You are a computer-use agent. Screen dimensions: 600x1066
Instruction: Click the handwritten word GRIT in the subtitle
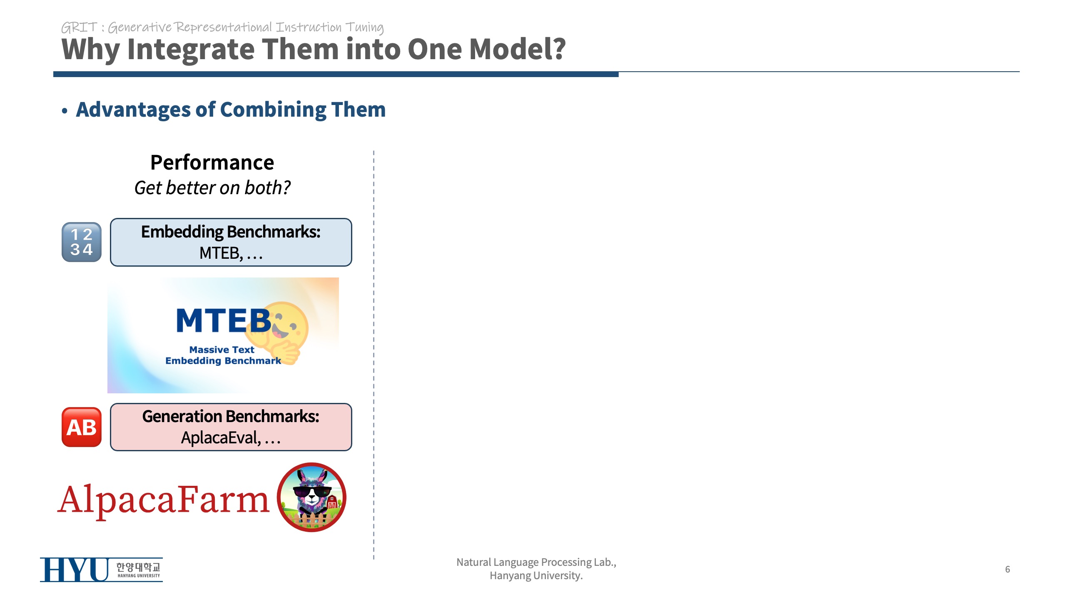coord(79,27)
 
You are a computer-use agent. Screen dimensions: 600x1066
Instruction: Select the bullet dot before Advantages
coord(65,111)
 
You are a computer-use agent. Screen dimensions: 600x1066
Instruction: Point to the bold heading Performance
coord(212,162)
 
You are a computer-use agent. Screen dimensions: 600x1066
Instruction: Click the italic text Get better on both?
coord(212,188)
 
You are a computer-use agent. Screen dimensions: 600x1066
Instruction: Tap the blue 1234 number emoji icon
coord(82,242)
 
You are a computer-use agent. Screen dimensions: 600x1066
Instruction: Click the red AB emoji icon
coord(82,427)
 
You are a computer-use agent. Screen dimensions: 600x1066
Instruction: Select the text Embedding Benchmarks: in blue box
coord(231,232)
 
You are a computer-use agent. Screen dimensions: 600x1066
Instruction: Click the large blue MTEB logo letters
coord(224,321)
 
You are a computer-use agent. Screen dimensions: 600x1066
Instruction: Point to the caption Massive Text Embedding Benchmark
coord(223,355)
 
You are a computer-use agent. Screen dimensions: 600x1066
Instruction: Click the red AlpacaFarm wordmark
coord(164,500)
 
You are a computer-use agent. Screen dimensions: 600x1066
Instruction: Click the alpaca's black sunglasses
coord(312,492)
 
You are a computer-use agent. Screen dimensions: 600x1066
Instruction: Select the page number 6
coord(1007,569)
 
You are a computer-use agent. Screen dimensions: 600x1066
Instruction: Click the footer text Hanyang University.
coord(536,576)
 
